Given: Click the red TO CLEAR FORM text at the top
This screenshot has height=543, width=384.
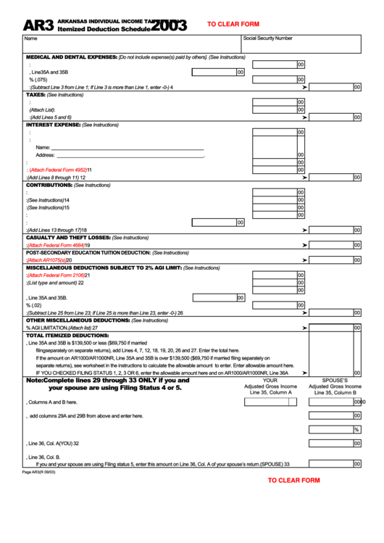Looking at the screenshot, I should pos(233,24).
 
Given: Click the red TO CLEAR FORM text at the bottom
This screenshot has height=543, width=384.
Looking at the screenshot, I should pos(293,480).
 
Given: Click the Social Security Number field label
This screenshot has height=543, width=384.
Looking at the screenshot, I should pos(268,38).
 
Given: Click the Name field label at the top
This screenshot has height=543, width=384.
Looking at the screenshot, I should pos(30,38).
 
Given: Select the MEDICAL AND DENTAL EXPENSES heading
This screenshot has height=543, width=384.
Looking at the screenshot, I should pos(71,57).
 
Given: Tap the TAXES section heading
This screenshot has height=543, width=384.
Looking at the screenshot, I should pos(36,94).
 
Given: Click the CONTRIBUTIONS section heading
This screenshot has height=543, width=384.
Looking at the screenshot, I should pos(49,185).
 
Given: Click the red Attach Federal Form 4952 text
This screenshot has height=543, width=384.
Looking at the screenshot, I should pos(58,170).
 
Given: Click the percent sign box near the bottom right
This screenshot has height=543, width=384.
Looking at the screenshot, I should pos(356,429).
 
